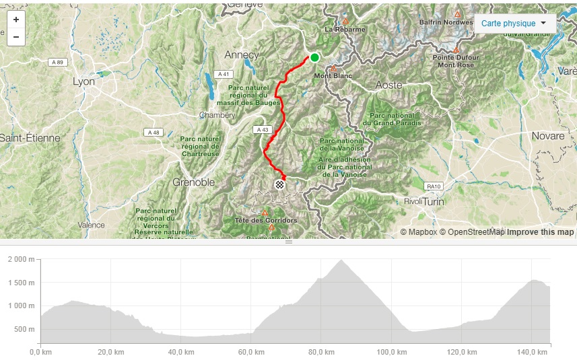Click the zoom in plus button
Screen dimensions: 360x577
[x=16, y=20]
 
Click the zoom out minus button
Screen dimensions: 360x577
[x=16, y=36]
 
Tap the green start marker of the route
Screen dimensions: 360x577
[x=314, y=57]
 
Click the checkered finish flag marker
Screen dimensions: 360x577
[x=279, y=184]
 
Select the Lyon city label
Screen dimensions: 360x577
[x=84, y=81]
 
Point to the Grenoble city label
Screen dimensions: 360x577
[x=194, y=182]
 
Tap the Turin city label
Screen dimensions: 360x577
[x=434, y=201]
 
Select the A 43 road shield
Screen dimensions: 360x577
[x=262, y=129]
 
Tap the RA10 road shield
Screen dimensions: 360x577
[x=433, y=186]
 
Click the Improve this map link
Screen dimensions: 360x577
[x=540, y=232]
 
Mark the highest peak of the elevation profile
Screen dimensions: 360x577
[x=341, y=260]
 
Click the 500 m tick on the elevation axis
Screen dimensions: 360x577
[x=24, y=329]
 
